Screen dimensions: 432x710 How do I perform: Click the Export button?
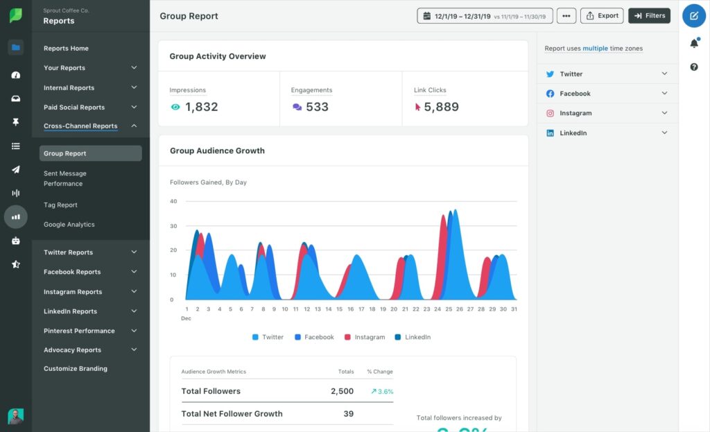[601, 15]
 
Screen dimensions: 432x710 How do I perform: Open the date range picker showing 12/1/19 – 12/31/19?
[485, 15]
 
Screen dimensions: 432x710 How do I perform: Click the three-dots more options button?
[566, 15]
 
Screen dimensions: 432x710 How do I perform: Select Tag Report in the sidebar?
[60, 205]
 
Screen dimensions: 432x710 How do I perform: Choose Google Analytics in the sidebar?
[69, 224]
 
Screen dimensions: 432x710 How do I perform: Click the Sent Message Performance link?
[64, 178]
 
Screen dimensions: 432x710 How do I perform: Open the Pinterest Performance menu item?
[79, 331]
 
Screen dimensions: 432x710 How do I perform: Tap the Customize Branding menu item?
[75, 369]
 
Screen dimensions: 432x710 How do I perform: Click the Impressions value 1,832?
[201, 107]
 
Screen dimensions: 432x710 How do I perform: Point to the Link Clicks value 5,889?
[441, 107]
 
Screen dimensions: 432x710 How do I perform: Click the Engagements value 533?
[317, 107]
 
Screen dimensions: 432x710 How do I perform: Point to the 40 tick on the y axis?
[173, 201]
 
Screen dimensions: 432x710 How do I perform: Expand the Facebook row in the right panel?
[607, 94]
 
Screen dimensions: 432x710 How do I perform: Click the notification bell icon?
[694, 44]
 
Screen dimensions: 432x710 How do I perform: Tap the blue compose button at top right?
[694, 15]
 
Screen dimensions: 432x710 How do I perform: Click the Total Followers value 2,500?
[342, 391]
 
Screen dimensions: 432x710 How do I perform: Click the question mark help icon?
[694, 67]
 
